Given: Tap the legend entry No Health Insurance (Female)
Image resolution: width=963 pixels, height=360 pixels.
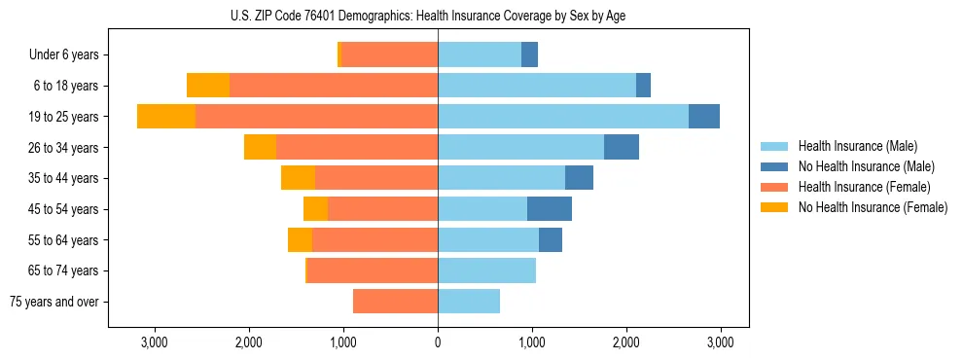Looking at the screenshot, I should point(873,207).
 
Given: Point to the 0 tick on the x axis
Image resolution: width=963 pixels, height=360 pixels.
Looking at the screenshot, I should point(438,343).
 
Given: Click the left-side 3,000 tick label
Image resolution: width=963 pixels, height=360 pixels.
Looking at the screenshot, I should point(155,343).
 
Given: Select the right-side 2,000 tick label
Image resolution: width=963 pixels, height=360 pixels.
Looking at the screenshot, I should point(626,343).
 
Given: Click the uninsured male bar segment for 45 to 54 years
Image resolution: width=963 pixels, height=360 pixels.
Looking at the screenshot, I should point(550,209).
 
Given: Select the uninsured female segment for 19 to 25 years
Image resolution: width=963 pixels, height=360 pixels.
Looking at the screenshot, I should point(166,117).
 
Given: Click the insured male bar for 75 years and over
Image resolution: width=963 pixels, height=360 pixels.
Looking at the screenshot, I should point(469,302).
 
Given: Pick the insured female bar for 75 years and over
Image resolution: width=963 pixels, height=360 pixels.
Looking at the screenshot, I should point(395,302).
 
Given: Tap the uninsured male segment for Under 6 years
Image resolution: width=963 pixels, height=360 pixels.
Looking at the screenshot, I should point(529,55).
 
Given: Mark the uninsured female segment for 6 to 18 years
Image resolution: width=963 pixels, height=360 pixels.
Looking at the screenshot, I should point(208,86).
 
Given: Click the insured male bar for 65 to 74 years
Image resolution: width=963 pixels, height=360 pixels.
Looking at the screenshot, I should point(486,270).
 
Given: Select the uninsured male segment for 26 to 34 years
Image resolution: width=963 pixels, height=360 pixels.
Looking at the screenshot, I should point(622,148).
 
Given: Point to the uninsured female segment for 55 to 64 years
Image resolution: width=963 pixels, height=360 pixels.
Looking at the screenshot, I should point(300,240).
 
